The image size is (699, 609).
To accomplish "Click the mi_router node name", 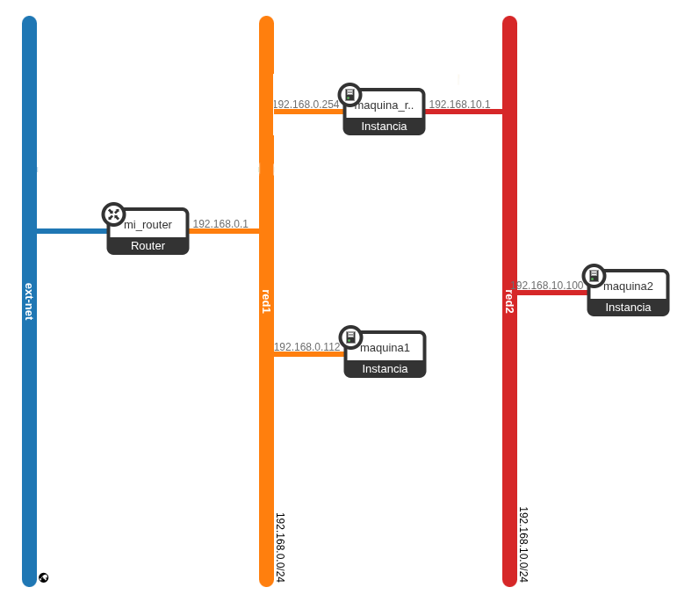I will click(x=148, y=225).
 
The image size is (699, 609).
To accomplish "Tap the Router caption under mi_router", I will click(x=148, y=246).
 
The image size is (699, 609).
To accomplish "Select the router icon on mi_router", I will click(x=113, y=214).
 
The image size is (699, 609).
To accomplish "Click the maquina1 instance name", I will click(x=385, y=348).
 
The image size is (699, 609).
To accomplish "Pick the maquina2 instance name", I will click(x=628, y=286).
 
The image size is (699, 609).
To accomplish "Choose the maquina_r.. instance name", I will click(x=384, y=105).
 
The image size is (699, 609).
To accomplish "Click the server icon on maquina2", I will click(x=594, y=276).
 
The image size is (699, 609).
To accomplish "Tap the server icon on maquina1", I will click(x=350, y=337).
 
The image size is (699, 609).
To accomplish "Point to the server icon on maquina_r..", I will click(x=349, y=95).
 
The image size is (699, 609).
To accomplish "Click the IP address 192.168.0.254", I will click(x=306, y=105).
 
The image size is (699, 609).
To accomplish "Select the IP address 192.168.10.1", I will click(x=459, y=105).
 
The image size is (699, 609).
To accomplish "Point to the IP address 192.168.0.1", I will click(x=220, y=224).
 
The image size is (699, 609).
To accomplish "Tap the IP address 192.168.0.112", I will click(x=306, y=347).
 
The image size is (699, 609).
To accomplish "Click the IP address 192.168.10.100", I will click(x=547, y=286).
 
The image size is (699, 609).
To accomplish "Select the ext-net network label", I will click(x=29, y=301).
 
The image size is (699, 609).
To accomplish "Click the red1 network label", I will click(x=266, y=301).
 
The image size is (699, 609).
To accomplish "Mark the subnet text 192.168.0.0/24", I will click(x=280, y=547).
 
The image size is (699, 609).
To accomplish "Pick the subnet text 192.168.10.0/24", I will click(x=523, y=544).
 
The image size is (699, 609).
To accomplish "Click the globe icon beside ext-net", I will click(x=43, y=577).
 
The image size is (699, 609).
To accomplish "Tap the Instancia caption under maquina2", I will click(x=628, y=308).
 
